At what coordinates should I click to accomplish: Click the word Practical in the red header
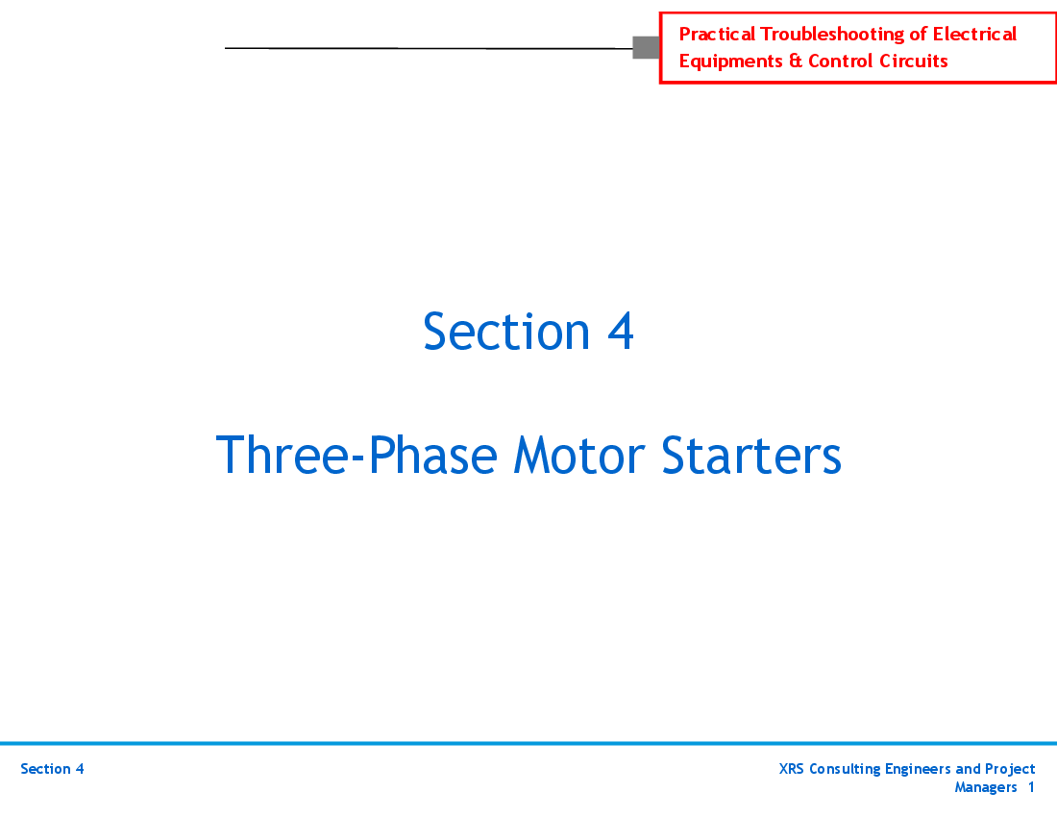tap(717, 35)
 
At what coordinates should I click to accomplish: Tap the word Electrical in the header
tap(974, 35)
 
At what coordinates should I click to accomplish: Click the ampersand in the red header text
tap(796, 62)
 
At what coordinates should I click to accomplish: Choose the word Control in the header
tap(841, 62)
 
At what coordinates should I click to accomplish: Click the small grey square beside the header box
tap(646, 47)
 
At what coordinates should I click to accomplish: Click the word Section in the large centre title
tap(506, 331)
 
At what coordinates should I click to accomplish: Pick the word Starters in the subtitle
tap(751, 456)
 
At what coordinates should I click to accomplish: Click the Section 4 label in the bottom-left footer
tap(52, 769)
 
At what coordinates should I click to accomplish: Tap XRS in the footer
tap(792, 769)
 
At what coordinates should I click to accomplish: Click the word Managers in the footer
tap(985, 787)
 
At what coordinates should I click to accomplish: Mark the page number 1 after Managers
tap(1031, 787)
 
